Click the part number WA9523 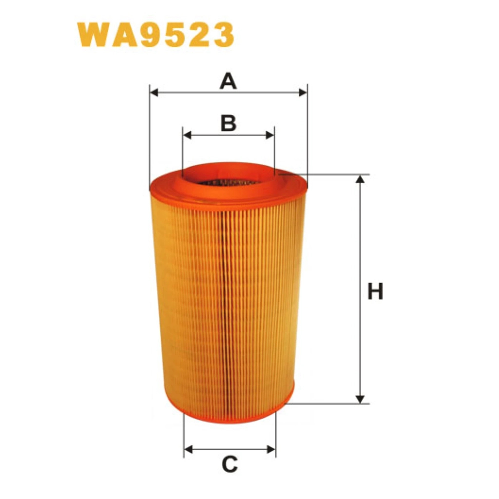155,35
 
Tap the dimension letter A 228,81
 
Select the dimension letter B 229,123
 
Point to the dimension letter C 230,464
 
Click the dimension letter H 375,291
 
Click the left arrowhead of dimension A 154,93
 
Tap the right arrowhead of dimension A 303,93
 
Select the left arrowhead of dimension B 188,135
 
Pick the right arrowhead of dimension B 270,135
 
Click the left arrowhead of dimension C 189,450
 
